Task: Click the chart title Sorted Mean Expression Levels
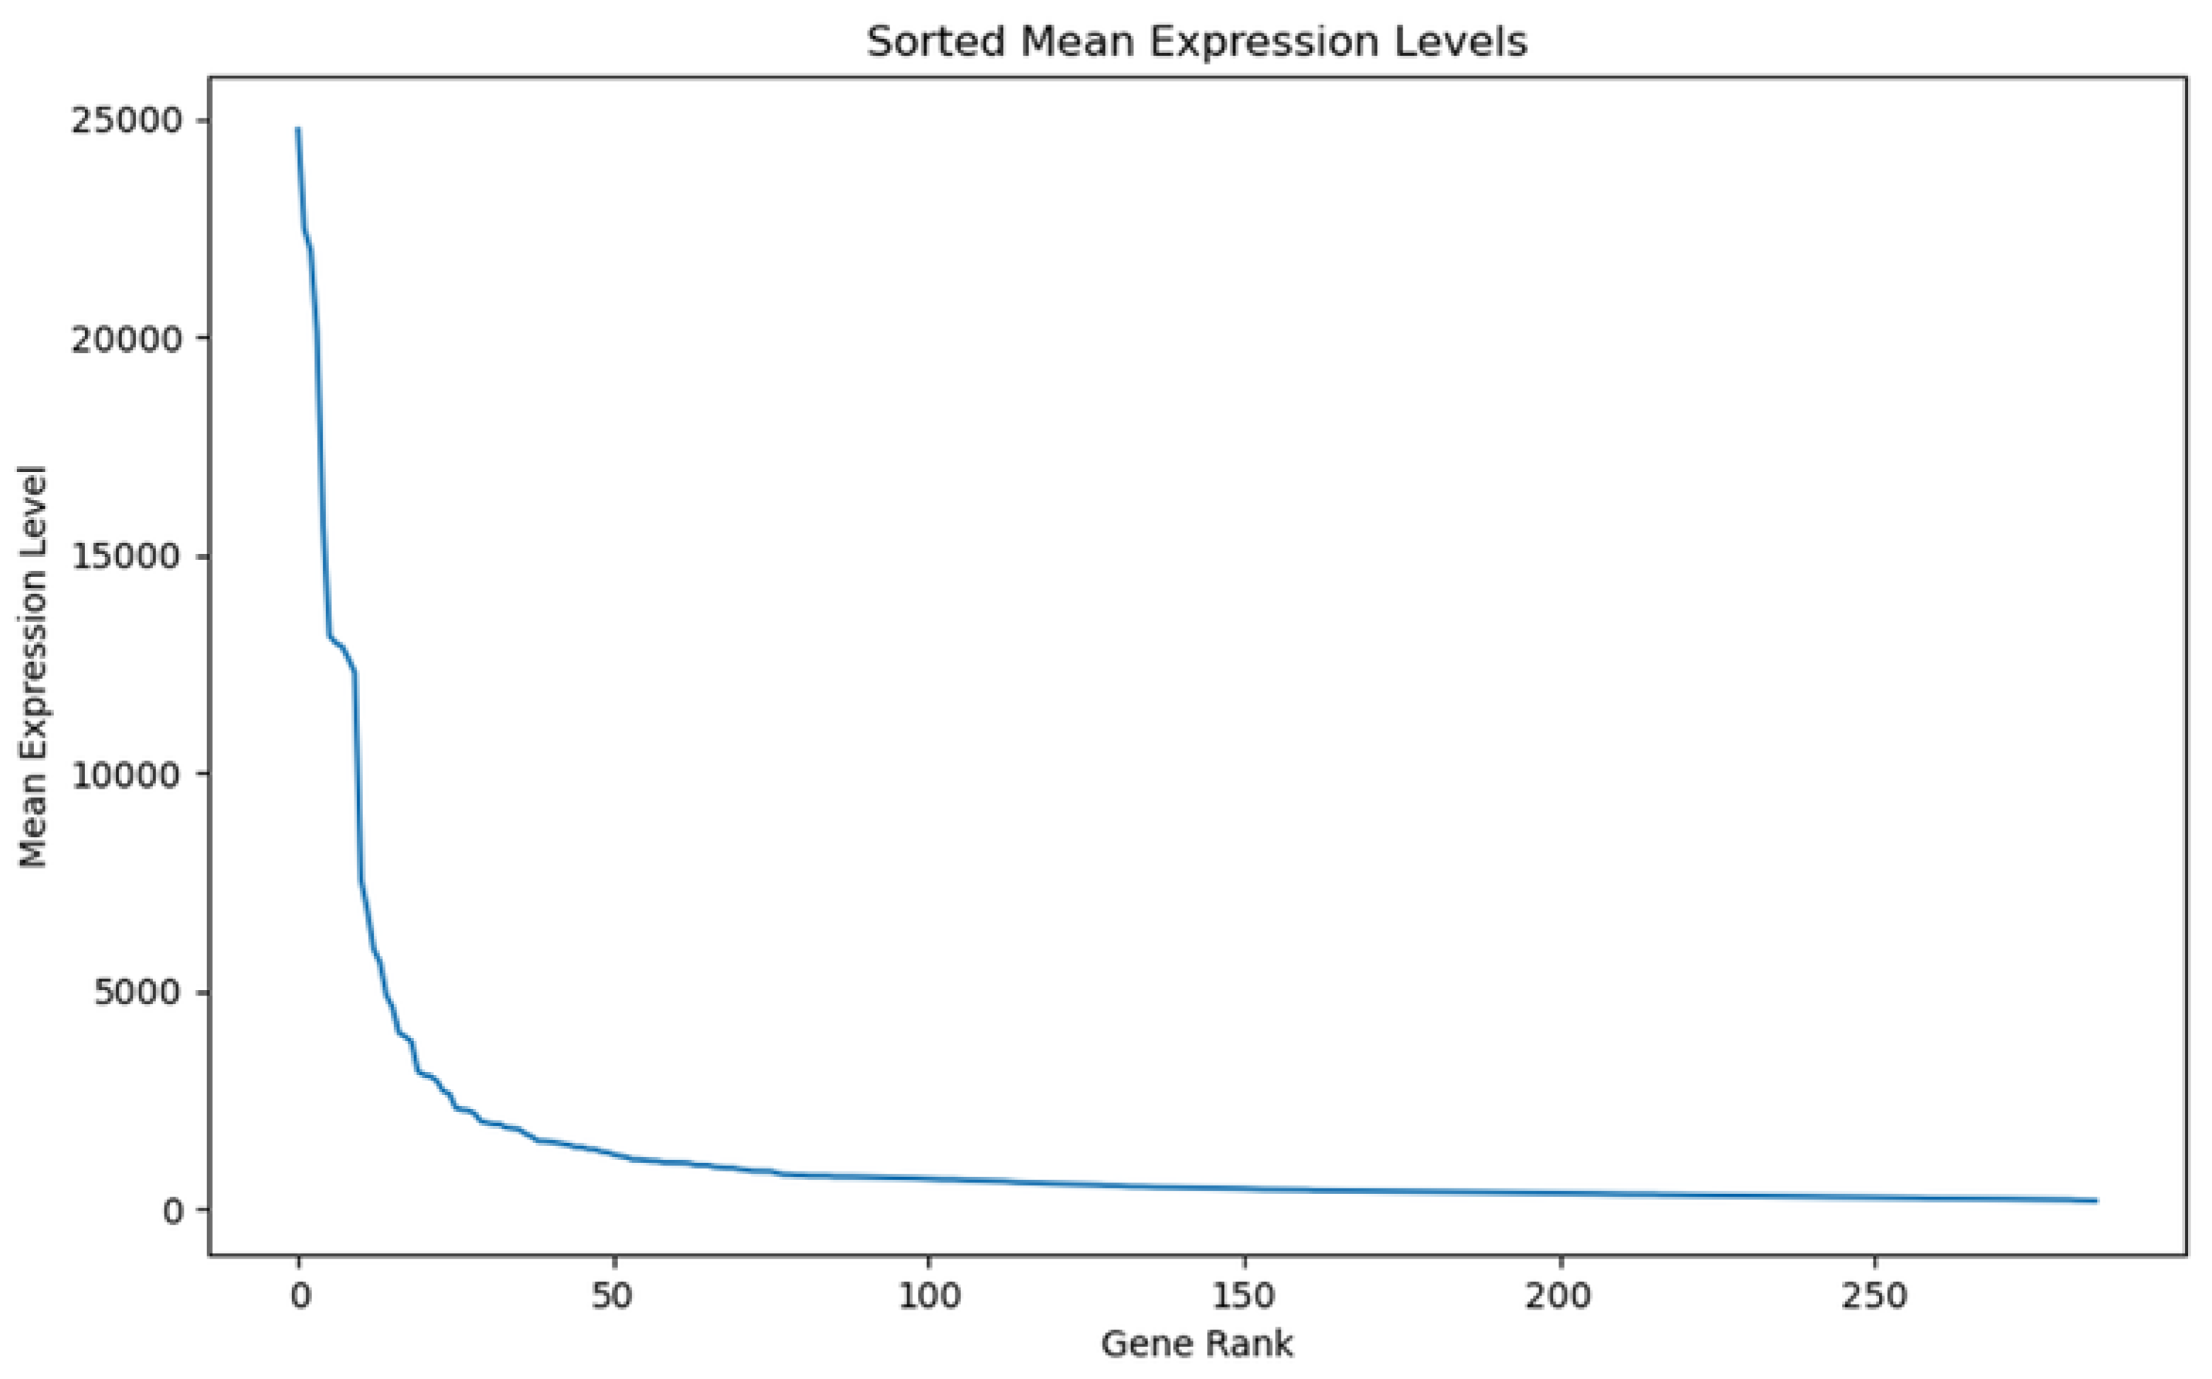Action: pos(1196,42)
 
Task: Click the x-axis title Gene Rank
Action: pos(1196,1344)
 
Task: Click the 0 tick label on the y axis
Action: pos(174,1210)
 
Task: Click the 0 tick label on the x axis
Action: pos(299,1296)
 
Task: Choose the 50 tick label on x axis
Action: pos(613,1296)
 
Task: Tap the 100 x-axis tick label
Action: pos(928,1296)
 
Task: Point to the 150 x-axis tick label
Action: pos(1244,1296)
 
